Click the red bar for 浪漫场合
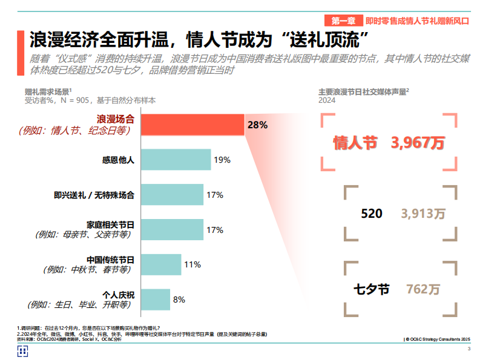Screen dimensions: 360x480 click(x=192, y=125)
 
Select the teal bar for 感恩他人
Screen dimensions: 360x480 click(x=176, y=160)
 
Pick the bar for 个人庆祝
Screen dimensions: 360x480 click(x=155, y=299)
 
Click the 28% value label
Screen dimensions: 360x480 click(x=257, y=125)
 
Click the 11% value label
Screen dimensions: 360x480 click(x=192, y=264)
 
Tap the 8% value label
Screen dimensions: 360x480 click(x=179, y=299)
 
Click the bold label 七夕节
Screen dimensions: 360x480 click(x=371, y=289)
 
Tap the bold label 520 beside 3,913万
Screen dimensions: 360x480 click(x=371, y=214)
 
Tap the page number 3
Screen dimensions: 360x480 click(x=469, y=350)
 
